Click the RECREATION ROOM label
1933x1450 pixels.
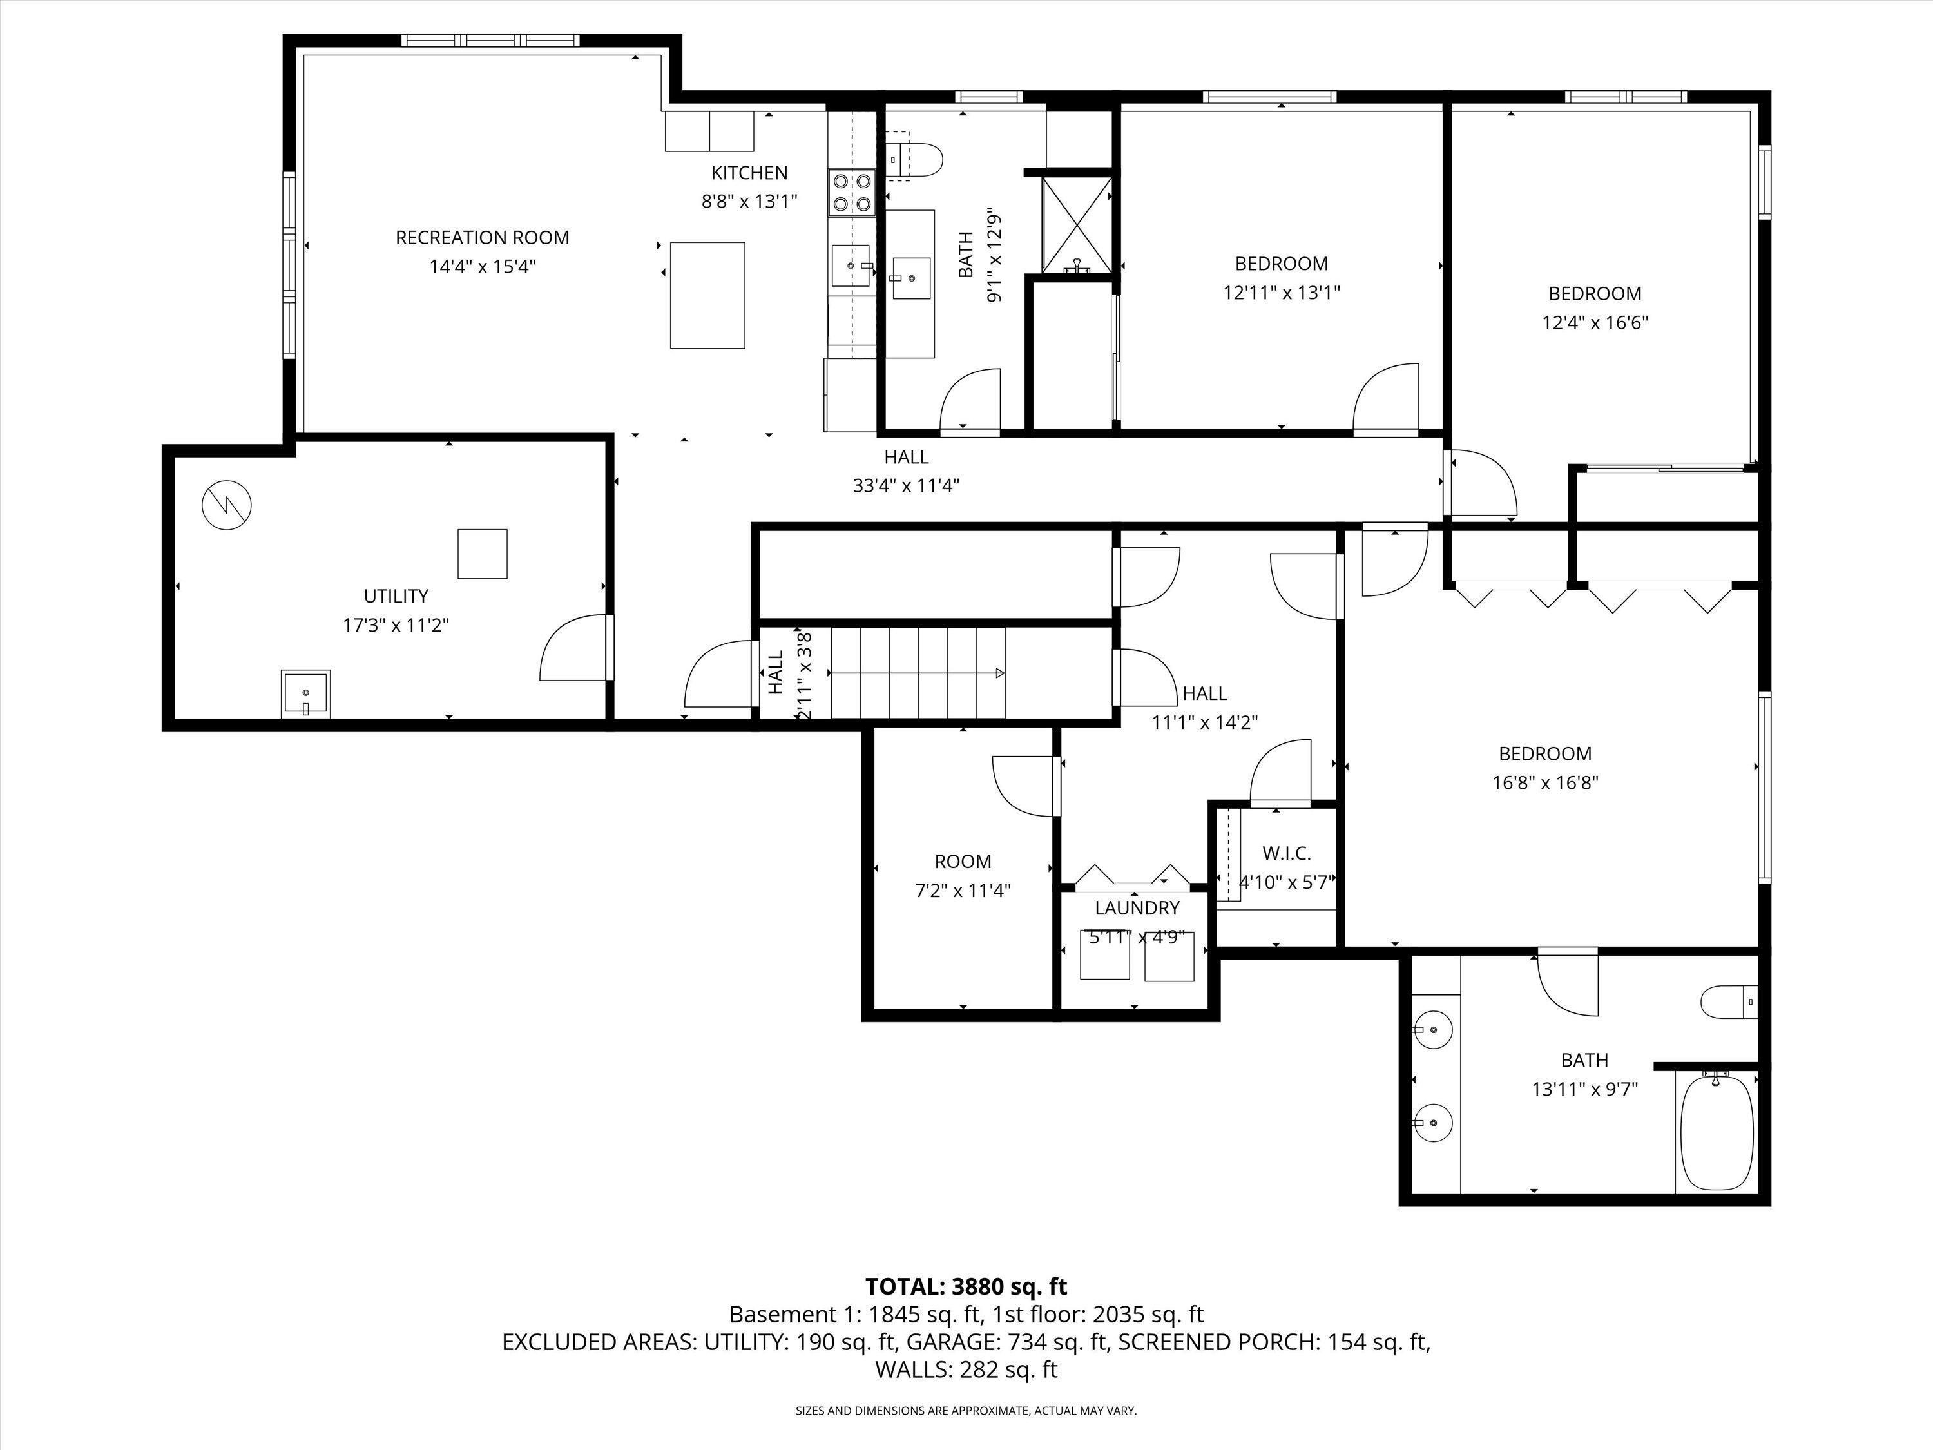click(483, 238)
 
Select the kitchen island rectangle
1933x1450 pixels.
click(707, 295)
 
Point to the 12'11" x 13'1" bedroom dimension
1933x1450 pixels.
click(1281, 292)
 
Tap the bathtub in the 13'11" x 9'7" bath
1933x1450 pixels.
click(1717, 1131)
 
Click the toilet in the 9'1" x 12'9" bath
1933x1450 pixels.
click(918, 160)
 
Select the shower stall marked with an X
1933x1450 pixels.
click(1077, 225)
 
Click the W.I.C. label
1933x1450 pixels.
click(1286, 854)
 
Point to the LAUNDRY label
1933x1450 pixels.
click(1137, 908)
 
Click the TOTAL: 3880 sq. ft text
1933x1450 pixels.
click(966, 1286)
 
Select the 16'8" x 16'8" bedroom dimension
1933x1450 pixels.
click(1545, 782)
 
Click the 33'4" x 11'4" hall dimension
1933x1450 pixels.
click(906, 485)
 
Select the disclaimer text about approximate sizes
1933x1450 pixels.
click(966, 1411)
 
